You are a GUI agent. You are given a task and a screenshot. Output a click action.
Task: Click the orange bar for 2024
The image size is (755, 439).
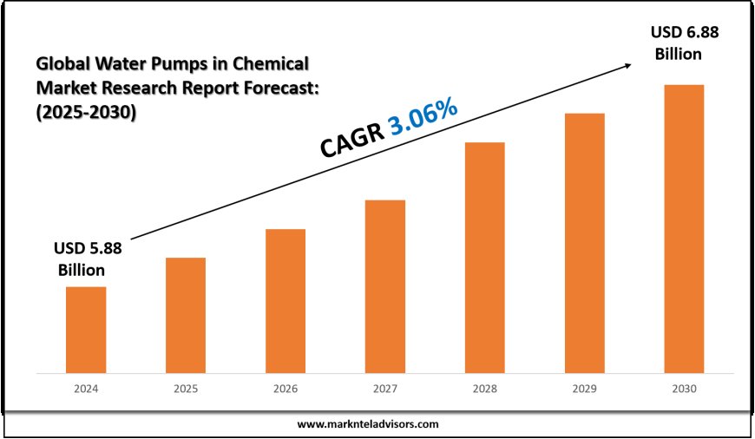click(86, 330)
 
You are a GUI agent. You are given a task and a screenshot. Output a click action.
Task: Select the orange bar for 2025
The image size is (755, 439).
click(186, 315)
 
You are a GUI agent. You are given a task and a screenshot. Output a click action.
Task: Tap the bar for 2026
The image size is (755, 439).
click(286, 301)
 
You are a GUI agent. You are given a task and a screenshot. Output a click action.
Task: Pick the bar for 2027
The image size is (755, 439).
click(385, 286)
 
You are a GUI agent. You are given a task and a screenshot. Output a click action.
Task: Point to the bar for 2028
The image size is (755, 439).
click(484, 258)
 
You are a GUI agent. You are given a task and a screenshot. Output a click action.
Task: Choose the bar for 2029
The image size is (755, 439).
click(584, 243)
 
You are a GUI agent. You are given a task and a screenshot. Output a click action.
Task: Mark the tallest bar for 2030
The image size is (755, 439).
click(684, 229)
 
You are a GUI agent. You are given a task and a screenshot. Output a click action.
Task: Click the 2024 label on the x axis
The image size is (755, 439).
click(86, 390)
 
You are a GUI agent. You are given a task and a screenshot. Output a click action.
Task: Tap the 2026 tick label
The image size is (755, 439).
click(286, 390)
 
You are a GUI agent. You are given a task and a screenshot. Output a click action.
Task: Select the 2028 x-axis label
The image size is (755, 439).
click(484, 390)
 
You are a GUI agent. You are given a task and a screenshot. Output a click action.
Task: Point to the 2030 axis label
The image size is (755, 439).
click(684, 390)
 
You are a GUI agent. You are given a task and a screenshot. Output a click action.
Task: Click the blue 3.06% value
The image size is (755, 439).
click(423, 117)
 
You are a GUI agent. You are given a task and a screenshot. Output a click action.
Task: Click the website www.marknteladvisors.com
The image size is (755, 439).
click(368, 424)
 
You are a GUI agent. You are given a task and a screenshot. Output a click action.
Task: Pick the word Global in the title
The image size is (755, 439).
click(63, 64)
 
